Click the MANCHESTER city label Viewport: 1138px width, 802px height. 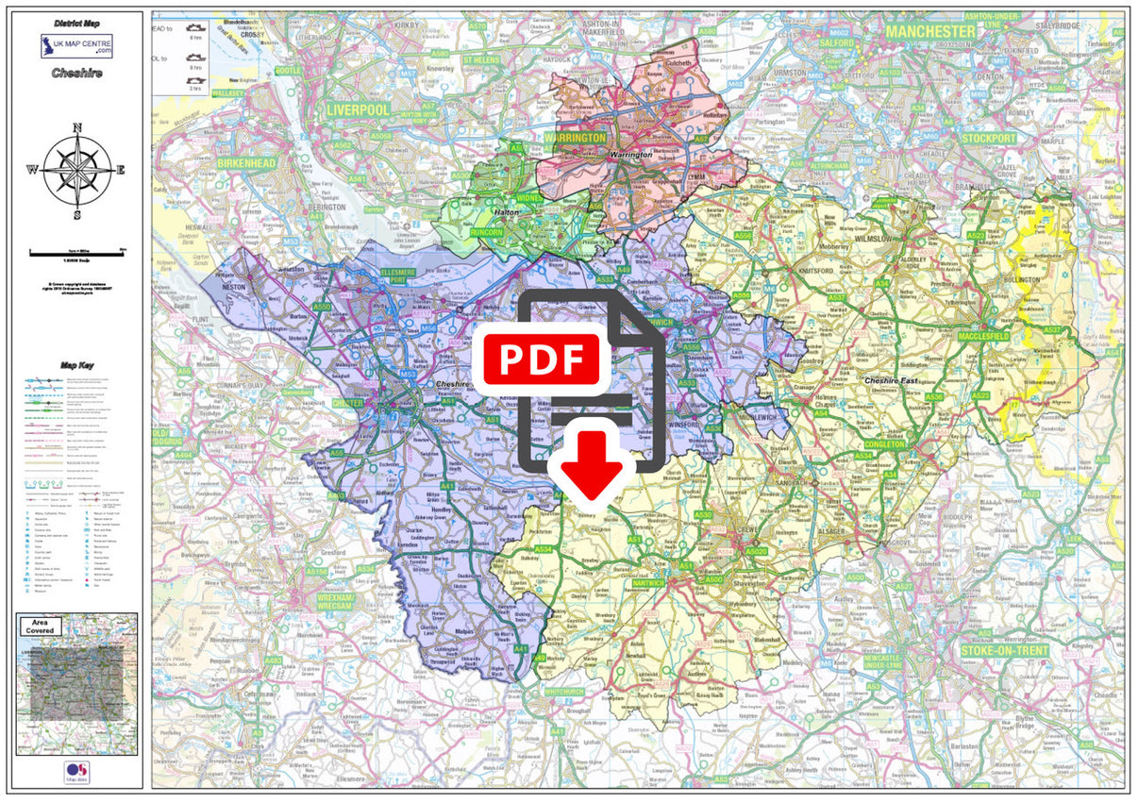pos(930,31)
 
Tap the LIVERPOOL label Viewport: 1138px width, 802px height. pos(358,110)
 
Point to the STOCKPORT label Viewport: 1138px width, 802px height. pos(989,139)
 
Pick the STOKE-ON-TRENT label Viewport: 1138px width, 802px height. pos(1006,651)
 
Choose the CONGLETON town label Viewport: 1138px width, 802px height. pos(884,443)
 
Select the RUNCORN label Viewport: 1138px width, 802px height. pos(487,230)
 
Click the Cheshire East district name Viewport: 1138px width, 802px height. pos(894,380)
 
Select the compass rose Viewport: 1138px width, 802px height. pos(77,170)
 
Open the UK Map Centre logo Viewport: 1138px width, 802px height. pos(76,46)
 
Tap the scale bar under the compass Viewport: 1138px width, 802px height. pos(77,252)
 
